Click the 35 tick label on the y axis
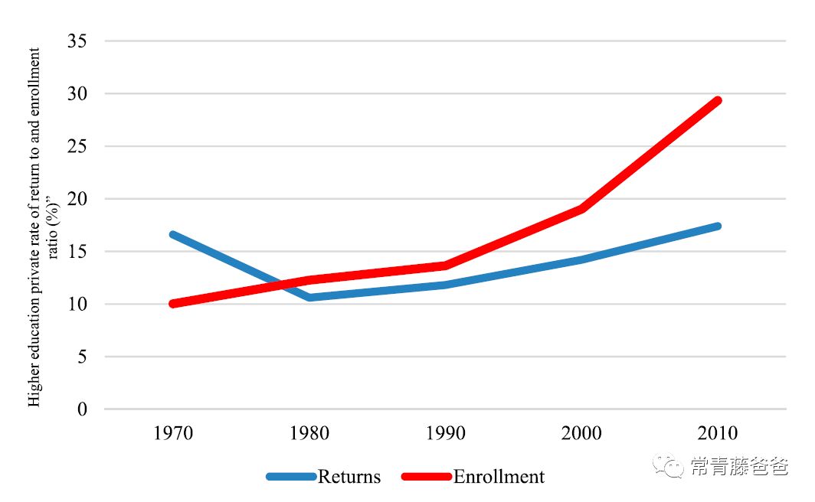77,41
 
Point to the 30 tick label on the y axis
77,93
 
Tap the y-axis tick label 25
77,146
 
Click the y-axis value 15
77,251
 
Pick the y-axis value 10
77,304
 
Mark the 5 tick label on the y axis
82,357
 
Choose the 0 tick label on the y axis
82,409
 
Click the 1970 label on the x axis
173,433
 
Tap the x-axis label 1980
309,433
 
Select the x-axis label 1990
446,433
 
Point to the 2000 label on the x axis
581,433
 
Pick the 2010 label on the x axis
718,433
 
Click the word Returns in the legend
349,477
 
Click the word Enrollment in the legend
499,477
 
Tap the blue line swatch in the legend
291,477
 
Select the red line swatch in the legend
427,477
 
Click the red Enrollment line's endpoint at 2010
718,100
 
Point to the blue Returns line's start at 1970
173,234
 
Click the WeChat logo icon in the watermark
669,466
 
